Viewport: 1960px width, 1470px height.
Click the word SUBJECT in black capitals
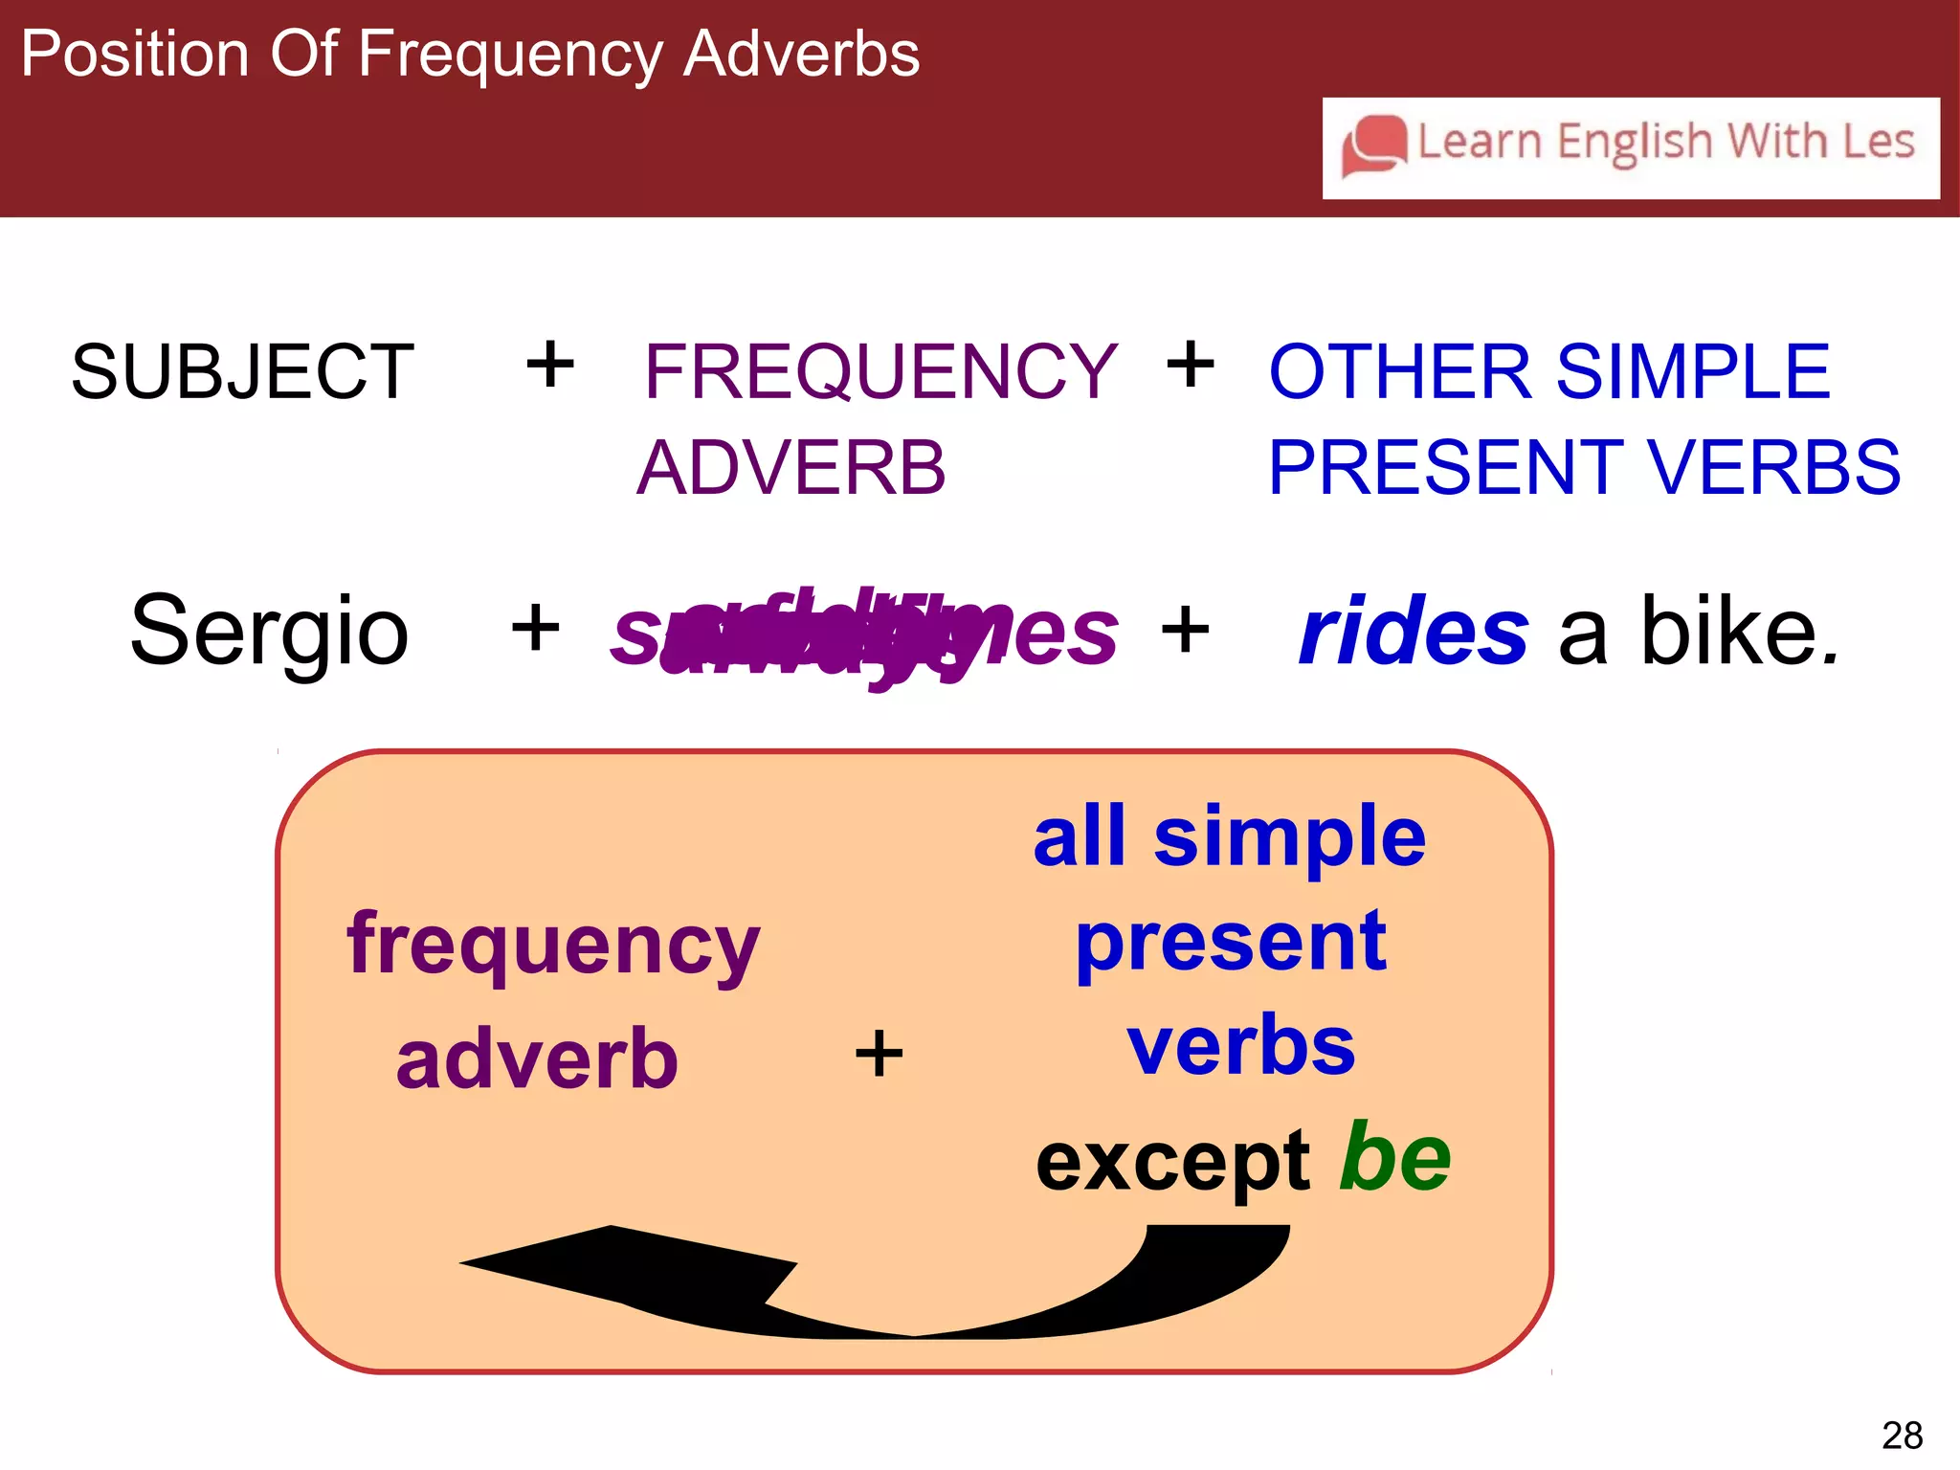click(243, 371)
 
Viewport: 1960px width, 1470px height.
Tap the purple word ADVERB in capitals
click(791, 468)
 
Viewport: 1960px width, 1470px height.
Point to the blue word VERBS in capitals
click(1774, 468)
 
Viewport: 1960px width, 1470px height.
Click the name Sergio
click(270, 632)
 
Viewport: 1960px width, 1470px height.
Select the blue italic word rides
click(1414, 632)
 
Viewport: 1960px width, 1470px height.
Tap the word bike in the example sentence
click(1739, 632)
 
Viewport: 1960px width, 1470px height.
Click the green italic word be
click(1394, 1158)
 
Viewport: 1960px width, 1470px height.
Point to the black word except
click(1173, 1163)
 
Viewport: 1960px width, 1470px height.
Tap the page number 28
click(1902, 1436)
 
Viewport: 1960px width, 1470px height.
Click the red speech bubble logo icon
click(1374, 145)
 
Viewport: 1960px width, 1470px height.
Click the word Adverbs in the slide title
click(802, 54)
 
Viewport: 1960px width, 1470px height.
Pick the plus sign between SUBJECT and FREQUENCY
click(550, 365)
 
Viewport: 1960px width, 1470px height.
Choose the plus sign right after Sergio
click(536, 629)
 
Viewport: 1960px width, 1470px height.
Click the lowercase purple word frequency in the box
click(553, 946)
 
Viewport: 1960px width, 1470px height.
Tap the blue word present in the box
click(1231, 943)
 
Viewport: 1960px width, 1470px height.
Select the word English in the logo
click(1634, 143)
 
